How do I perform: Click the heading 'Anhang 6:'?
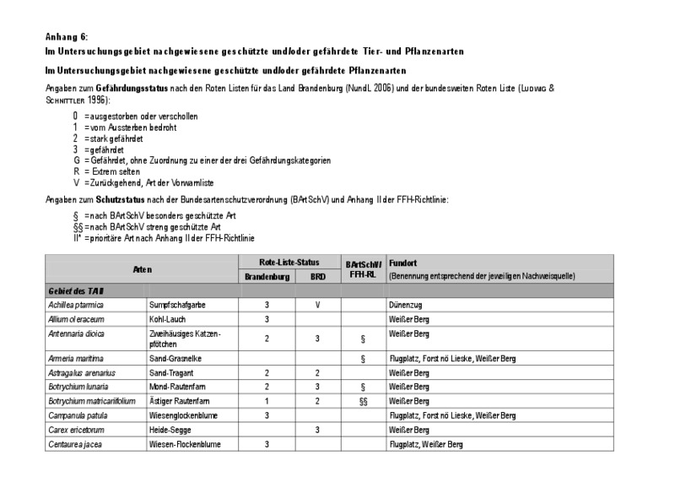coord(67,36)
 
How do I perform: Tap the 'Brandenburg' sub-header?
coord(267,276)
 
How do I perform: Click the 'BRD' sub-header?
coord(317,276)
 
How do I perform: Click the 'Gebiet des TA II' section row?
coord(74,290)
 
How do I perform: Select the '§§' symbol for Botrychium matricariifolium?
coord(362,402)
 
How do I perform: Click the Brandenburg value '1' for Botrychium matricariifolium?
coord(267,402)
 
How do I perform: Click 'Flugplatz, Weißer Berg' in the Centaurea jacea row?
coord(426,444)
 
